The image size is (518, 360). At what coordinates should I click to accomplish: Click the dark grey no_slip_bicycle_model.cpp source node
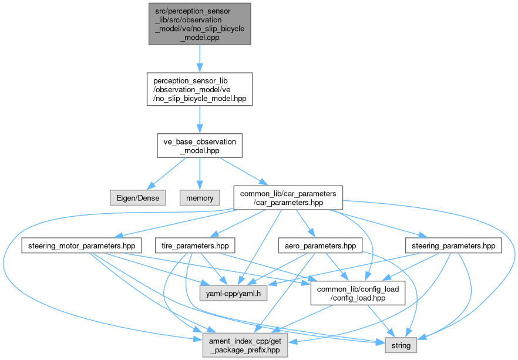point(200,23)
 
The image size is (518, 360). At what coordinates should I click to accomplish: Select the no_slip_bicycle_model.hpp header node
point(200,89)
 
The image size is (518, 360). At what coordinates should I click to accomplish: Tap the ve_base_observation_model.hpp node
point(200,146)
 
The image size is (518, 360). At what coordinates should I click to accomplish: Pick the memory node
point(200,197)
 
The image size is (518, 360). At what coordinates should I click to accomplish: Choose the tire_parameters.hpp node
point(194,245)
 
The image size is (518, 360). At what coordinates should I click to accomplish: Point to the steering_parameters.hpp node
point(453,245)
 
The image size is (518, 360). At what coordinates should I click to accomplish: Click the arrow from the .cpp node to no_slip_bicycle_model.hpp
point(200,58)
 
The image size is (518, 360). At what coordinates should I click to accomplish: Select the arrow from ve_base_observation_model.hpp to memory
point(200,173)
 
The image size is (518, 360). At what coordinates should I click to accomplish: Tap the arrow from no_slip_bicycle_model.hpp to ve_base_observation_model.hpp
point(200,120)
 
